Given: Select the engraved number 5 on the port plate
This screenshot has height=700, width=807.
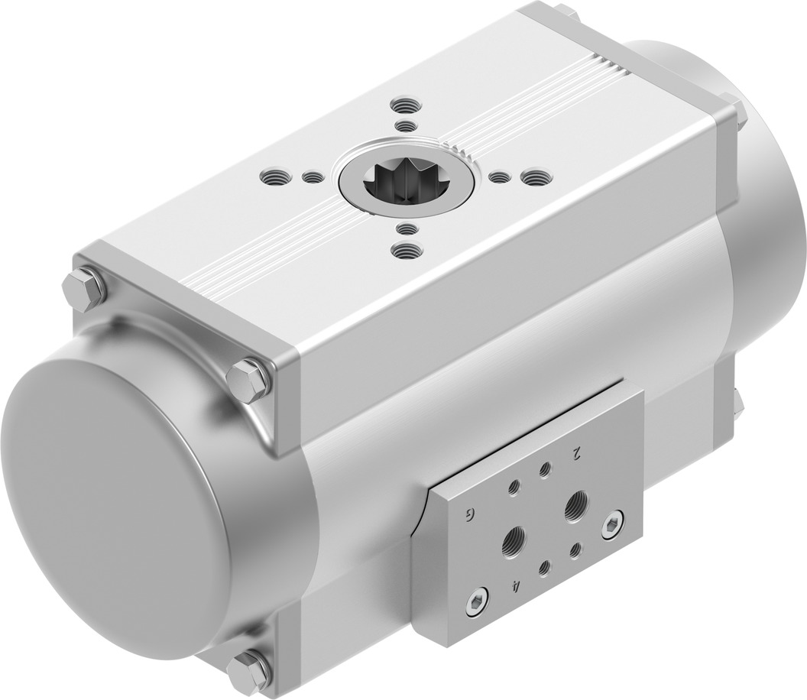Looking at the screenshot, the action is click(x=469, y=513).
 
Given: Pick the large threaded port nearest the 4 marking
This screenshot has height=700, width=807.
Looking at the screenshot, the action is click(x=513, y=539).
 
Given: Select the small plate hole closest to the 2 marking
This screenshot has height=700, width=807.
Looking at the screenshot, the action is click(x=545, y=469).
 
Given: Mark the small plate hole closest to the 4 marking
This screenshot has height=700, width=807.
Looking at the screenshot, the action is click(x=543, y=567).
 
